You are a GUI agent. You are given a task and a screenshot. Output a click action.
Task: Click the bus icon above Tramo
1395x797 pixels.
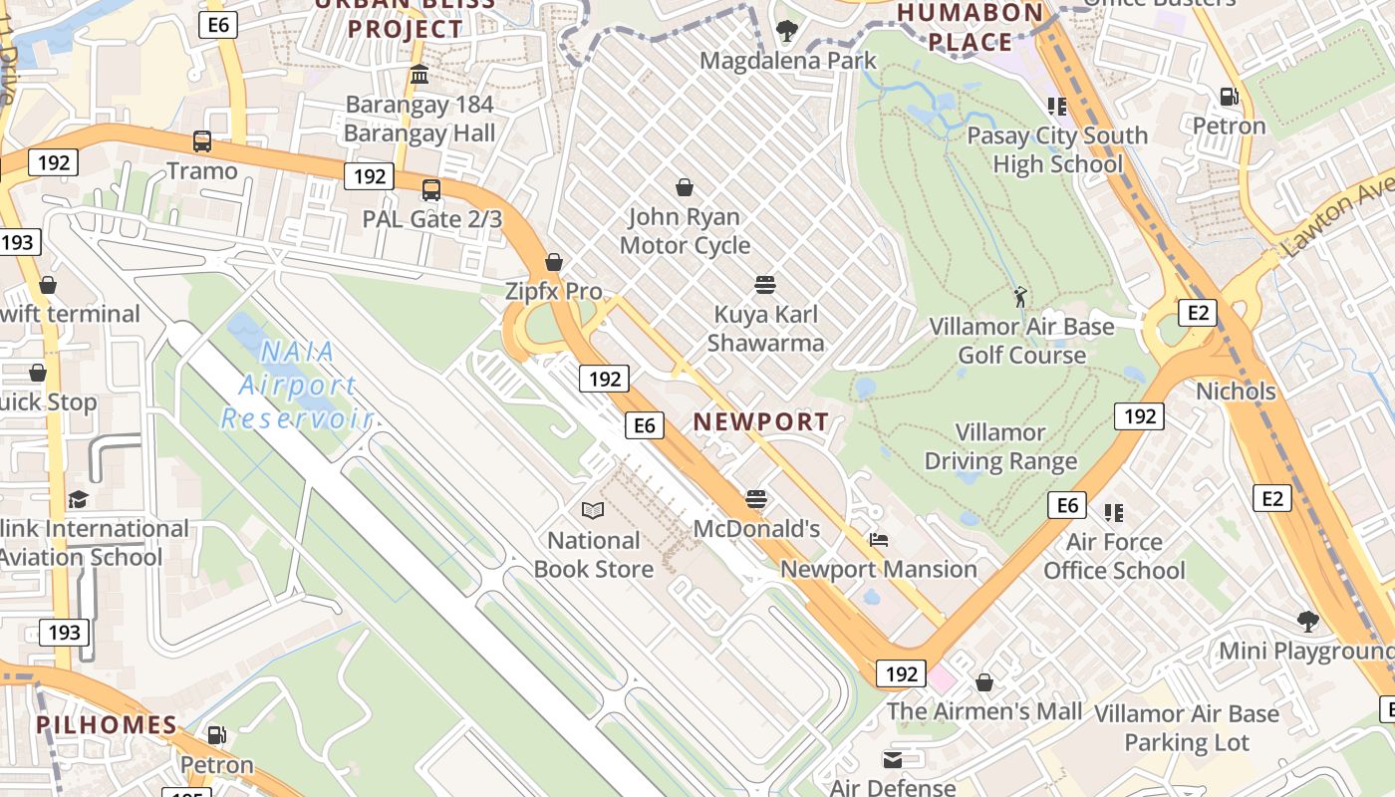(x=202, y=140)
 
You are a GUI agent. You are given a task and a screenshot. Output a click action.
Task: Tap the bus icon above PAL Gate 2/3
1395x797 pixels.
(x=431, y=189)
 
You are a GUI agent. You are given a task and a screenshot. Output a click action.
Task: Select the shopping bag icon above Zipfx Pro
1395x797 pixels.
(x=554, y=262)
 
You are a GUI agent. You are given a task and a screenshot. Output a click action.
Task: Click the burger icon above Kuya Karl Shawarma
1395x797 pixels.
(x=765, y=285)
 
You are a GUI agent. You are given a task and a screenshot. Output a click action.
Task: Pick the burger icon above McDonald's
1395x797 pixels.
(x=756, y=498)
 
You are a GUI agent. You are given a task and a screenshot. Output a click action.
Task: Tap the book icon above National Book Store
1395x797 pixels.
(x=593, y=511)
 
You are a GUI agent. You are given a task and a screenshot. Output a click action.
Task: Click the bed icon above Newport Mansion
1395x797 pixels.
(x=879, y=540)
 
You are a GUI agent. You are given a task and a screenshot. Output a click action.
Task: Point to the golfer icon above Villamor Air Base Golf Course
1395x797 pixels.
(x=1019, y=296)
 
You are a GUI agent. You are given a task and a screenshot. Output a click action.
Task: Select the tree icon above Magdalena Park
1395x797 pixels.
(x=787, y=31)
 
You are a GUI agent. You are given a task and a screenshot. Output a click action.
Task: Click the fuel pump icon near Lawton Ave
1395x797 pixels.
(x=1230, y=97)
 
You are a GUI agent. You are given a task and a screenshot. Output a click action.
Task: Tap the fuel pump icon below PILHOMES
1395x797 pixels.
(x=216, y=735)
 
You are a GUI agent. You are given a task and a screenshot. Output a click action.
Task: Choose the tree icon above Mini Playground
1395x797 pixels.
(x=1308, y=622)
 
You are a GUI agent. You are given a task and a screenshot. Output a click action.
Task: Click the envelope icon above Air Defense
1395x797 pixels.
(x=893, y=760)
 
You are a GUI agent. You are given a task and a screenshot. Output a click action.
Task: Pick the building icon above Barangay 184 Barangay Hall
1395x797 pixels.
(x=419, y=75)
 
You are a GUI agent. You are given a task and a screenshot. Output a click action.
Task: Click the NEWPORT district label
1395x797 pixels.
(x=761, y=421)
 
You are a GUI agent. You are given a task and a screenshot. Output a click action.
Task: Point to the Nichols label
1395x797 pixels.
(x=1236, y=391)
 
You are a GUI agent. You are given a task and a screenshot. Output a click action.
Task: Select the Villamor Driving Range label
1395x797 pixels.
(x=1000, y=446)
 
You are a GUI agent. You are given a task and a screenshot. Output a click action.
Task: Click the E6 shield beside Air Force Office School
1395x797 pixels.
(x=1067, y=505)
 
